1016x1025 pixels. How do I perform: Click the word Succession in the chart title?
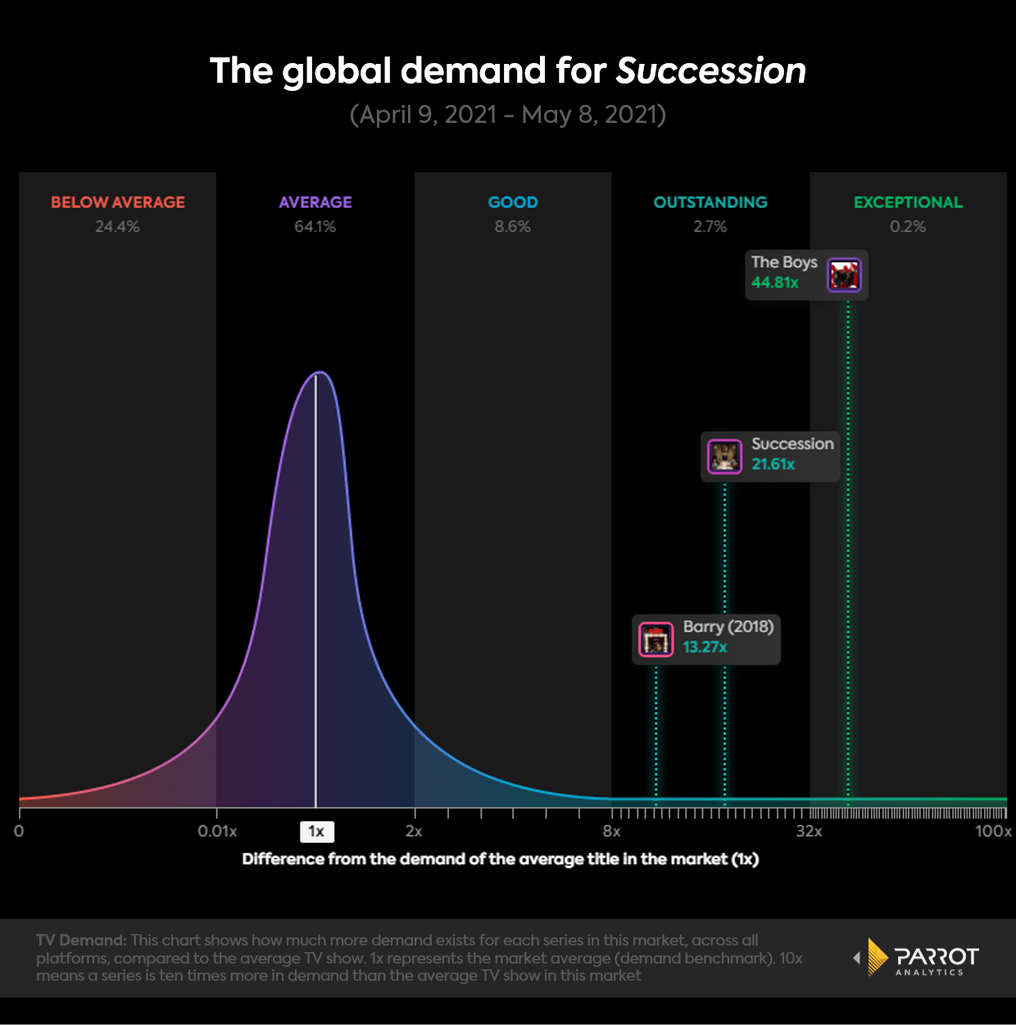pos(710,70)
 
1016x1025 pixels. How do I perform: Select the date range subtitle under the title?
pos(508,114)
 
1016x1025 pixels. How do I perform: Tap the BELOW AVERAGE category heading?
pos(118,202)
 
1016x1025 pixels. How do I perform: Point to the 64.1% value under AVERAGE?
pos(315,227)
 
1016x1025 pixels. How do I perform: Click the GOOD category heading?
pos(513,202)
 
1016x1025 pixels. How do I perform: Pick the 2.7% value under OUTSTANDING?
pos(710,227)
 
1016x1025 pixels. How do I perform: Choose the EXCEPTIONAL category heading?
pos(908,202)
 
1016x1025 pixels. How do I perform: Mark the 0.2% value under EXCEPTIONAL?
pos(908,227)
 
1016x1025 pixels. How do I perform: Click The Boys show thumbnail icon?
pos(844,275)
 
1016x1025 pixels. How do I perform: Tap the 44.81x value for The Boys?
pos(775,283)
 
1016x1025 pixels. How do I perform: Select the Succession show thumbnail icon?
pos(724,456)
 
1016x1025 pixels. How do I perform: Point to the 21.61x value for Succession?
pos(773,465)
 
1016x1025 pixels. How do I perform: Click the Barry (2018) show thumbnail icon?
pos(655,639)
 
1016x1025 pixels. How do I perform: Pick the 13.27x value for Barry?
pos(705,647)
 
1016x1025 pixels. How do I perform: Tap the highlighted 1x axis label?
pos(316,832)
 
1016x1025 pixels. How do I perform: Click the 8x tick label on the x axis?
pos(611,832)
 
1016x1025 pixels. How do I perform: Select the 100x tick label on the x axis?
pos(993,832)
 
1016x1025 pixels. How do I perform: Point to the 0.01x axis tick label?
pos(217,832)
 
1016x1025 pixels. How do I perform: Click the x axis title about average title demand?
pos(501,859)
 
